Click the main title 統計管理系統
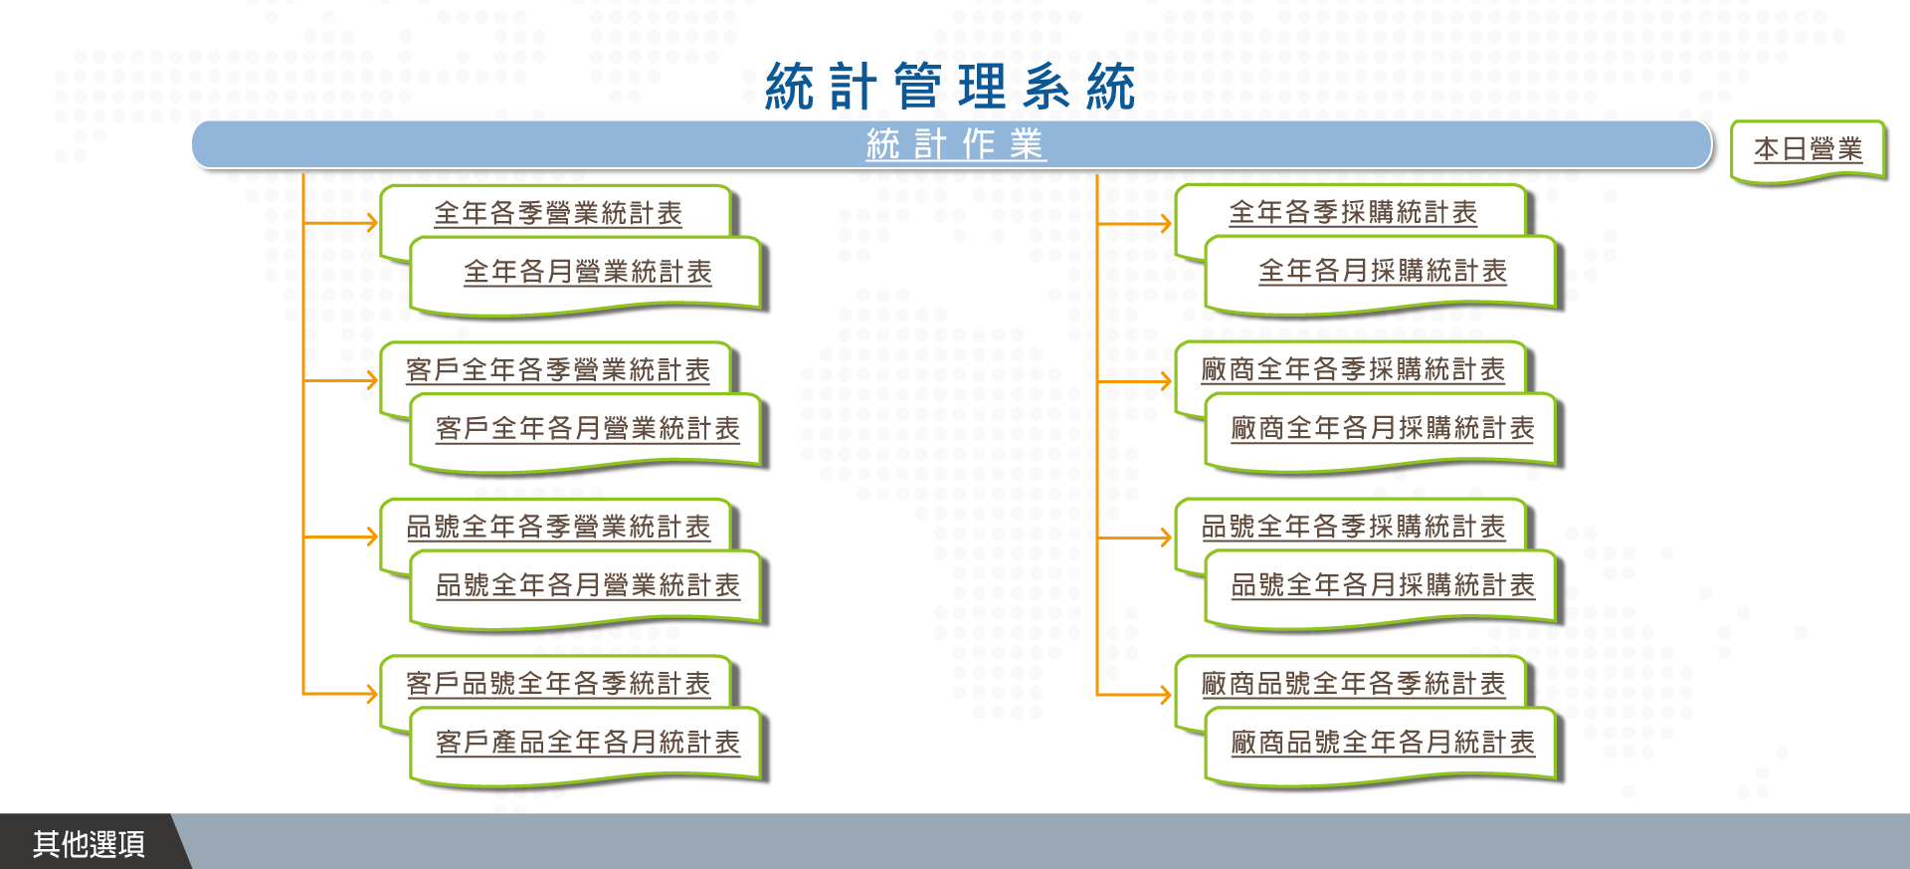950,87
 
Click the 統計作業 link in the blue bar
955,144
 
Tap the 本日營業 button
1809,149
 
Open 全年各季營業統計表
558,213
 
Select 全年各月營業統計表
588,272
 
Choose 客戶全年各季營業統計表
558,370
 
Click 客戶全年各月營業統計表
588,429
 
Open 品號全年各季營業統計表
558,527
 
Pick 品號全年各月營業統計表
588,585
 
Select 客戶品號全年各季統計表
558,684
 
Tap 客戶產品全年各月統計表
588,743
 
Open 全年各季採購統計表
1353,212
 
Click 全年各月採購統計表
1383,271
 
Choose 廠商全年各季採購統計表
1353,369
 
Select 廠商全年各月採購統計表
1383,428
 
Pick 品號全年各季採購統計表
1353,527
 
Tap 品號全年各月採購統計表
1383,585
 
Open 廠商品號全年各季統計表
1353,684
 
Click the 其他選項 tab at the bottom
89,844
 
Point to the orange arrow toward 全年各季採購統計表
1134,224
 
